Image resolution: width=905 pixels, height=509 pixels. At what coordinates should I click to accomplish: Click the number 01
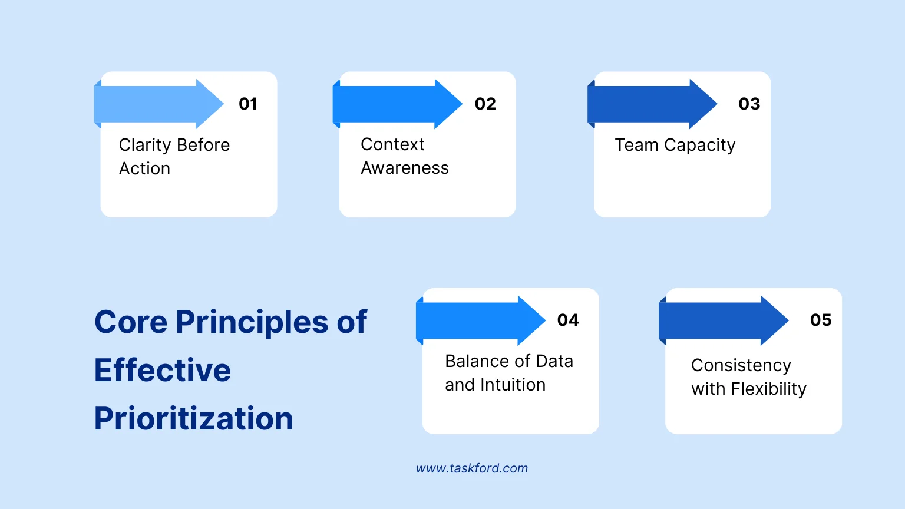pyautogui.click(x=247, y=104)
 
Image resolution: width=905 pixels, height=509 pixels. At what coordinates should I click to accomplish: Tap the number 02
pyautogui.click(x=485, y=104)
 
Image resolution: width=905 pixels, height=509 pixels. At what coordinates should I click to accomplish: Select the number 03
pyautogui.click(x=749, y=104)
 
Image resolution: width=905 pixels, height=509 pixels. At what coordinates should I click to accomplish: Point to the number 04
pyautogui.click(x=568, y=320)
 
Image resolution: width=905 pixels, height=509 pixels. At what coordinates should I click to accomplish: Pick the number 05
pyautogui.click(x=821, y=320)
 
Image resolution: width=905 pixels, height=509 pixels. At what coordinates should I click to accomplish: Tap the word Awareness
pyautogui.click(x=405, y=168)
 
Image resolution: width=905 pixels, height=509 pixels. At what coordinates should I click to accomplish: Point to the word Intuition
pyautogui.click(x=513, y=385)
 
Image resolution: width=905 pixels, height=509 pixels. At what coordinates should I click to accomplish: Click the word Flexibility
pyautogui.click(x=768, y=389)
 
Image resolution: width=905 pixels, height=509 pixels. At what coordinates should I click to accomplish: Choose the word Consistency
pyautogui.click(x=741, y=366)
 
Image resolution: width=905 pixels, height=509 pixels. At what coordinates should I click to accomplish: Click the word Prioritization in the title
pyautogui.click(x=193, y=419)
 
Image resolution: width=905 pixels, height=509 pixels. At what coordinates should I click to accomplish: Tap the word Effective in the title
pyautogui.click(x=163, y=371)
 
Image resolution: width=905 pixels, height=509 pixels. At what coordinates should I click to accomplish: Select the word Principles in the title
pyautogui.click(x=252, y=322)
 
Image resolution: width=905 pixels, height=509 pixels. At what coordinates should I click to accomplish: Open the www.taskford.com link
pyautogui.click(x=472, y=468)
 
